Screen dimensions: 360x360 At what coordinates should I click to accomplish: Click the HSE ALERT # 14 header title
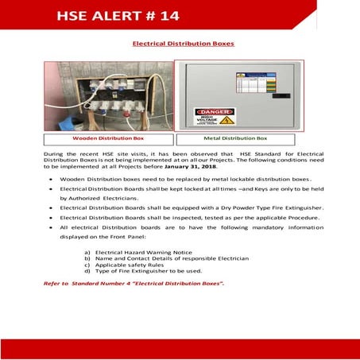click(118, 15)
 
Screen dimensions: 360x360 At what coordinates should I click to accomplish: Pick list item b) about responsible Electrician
click(166, 258)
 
